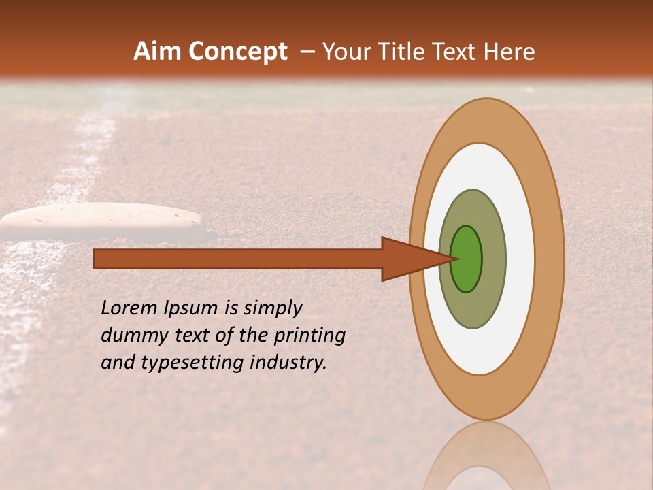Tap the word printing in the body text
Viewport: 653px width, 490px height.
coord(309,336)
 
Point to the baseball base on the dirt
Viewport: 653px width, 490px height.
coord(102,220)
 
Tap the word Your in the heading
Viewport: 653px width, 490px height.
coord(346,52)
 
